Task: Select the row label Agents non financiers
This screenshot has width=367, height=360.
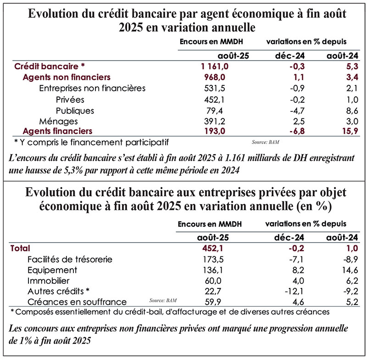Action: [67, 78]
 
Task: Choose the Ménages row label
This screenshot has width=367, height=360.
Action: [59, 122]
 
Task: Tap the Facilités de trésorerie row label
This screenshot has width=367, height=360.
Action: [70, 260]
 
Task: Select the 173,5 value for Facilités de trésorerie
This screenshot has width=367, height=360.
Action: [218, 260]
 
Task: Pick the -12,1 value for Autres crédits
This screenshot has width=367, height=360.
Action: [293, 291]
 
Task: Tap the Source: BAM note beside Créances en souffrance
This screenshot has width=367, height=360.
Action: [163, 300]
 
